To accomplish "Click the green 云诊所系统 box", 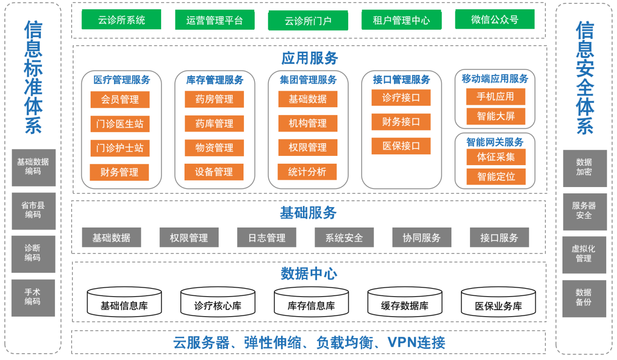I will pyautogui.click(x=121, y=20).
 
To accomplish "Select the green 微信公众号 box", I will pyautogui.click(x=494, y=19).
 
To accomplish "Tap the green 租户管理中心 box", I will pyautogui.click(x=401, y=20).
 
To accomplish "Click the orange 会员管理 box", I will pyautogui.click(x=120, y=99).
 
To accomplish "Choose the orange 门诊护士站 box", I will pyautogui.click(x=120, y=148).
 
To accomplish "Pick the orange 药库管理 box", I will pyautogui.click(x=214, y=124).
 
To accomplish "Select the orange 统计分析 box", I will pyautogui.click(x=307, y=172).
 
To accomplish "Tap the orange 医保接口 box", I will pyautogui.click(x=401, y=146).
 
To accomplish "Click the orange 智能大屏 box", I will pyautogui.click(x=495, y=116).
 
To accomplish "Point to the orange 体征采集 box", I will pyautogui.click(x=495, y=157).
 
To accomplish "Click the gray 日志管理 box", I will pyautogui.click(x=267, y=238).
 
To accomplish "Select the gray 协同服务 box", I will pyautogui.click(x=421, y=238).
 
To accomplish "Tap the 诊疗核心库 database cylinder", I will pyautogui.click(x=218, y=302).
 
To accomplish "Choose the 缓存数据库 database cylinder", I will pyautogui.click(x=405, y=302).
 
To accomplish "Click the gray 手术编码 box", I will pyautogui.click(x=33, y=297).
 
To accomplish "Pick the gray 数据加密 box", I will pyautogui.click(x=584, y=168).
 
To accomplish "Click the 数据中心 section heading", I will pyautogui.click(x=309, y=274).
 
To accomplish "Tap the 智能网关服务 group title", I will pyautogui.click(x=495, y=142).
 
